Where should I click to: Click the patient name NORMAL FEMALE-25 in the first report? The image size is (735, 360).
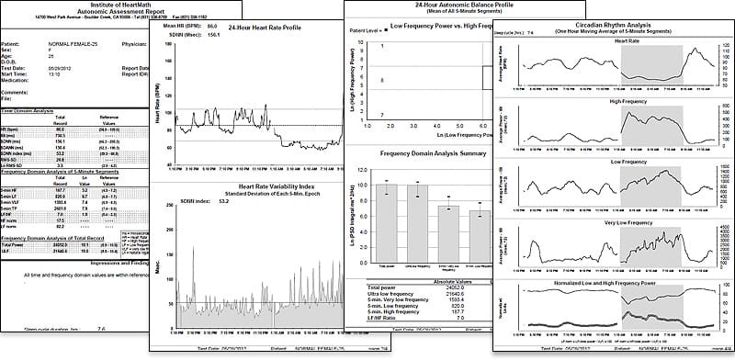(x=74, y=42)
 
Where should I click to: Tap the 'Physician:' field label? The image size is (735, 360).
(x=134, y=42)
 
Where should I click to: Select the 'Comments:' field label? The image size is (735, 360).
(x=17, y=93)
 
